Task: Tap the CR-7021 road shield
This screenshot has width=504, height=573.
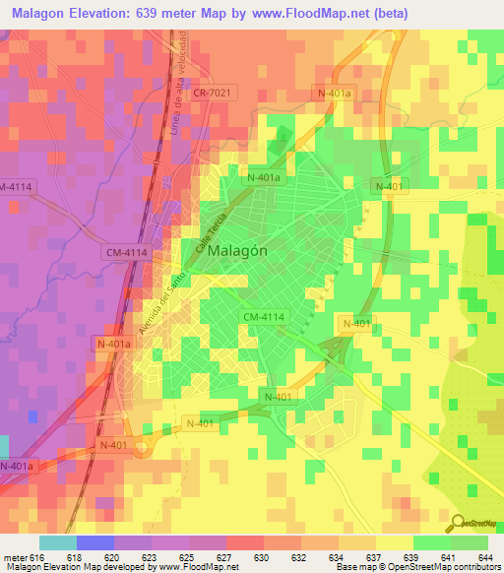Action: pos(214,91)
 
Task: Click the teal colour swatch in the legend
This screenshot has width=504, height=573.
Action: pos(58,542)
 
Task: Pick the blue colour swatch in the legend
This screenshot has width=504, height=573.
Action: pos(95,542)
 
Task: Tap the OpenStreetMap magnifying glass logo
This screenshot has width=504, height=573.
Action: pos(457,522)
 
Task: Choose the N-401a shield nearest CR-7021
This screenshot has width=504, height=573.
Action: pos(333,92)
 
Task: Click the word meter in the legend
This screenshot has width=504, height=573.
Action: pos(15,556)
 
